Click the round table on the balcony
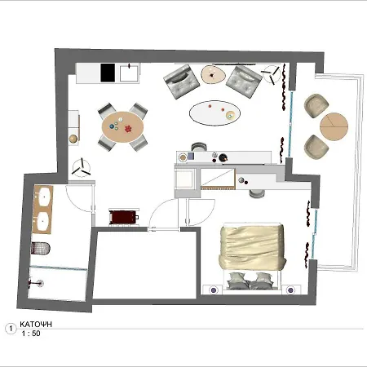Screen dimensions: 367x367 [x=334, y=126]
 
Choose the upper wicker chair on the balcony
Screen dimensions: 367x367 [x=316, y=106]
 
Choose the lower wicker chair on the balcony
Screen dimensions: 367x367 [x=316, y=148]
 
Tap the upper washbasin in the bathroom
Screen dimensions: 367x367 [x=43, y=197]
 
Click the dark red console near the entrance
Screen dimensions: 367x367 [x=124, y=217]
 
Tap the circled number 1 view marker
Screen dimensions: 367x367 [x=10, y=329]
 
